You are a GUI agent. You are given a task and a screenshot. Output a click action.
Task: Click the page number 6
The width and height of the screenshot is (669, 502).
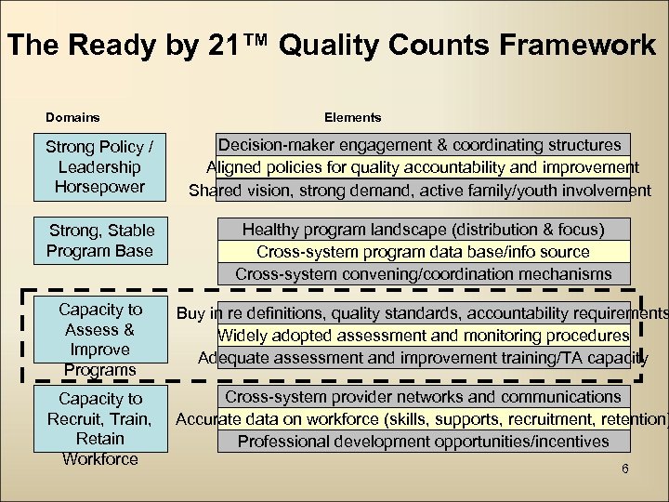tap(625, 469)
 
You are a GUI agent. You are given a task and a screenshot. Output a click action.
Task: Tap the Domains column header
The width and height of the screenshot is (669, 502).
tap(73, 118)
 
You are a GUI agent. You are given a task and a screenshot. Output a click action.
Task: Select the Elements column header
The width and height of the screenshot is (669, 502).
tap(352, 118)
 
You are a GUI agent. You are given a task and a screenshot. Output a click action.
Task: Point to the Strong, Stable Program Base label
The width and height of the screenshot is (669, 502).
tap(100, 240)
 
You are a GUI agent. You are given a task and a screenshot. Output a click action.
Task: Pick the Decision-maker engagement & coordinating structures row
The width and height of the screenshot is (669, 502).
tap(420, 145)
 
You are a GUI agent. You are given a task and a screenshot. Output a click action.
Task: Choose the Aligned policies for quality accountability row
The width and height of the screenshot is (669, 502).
tap(422, 167)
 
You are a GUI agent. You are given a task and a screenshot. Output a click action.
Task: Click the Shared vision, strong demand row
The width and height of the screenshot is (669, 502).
tap(420, 191)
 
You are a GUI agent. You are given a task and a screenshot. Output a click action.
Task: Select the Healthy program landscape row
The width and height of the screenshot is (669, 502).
tap(423, 229)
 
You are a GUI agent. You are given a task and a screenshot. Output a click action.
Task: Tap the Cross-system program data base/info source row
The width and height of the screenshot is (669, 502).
tap(423, 252)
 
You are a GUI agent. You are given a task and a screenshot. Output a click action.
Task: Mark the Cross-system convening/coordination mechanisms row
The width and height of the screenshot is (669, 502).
tap(423, 274)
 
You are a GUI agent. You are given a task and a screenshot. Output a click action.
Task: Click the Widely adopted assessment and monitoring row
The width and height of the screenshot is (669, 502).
tap(423, 335)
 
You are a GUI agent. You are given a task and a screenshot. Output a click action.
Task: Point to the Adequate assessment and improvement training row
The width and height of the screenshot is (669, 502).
tap(423, 358)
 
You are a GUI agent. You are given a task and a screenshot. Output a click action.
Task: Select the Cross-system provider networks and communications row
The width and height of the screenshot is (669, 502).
tap(423, 396)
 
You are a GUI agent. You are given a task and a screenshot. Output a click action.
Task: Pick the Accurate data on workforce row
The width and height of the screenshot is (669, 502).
tap(423, 418)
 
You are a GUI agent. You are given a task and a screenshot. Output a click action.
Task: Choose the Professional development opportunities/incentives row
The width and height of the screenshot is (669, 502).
tap(423, 442)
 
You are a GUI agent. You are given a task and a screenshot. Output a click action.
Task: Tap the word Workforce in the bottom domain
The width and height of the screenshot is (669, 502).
tap(99, 458)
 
